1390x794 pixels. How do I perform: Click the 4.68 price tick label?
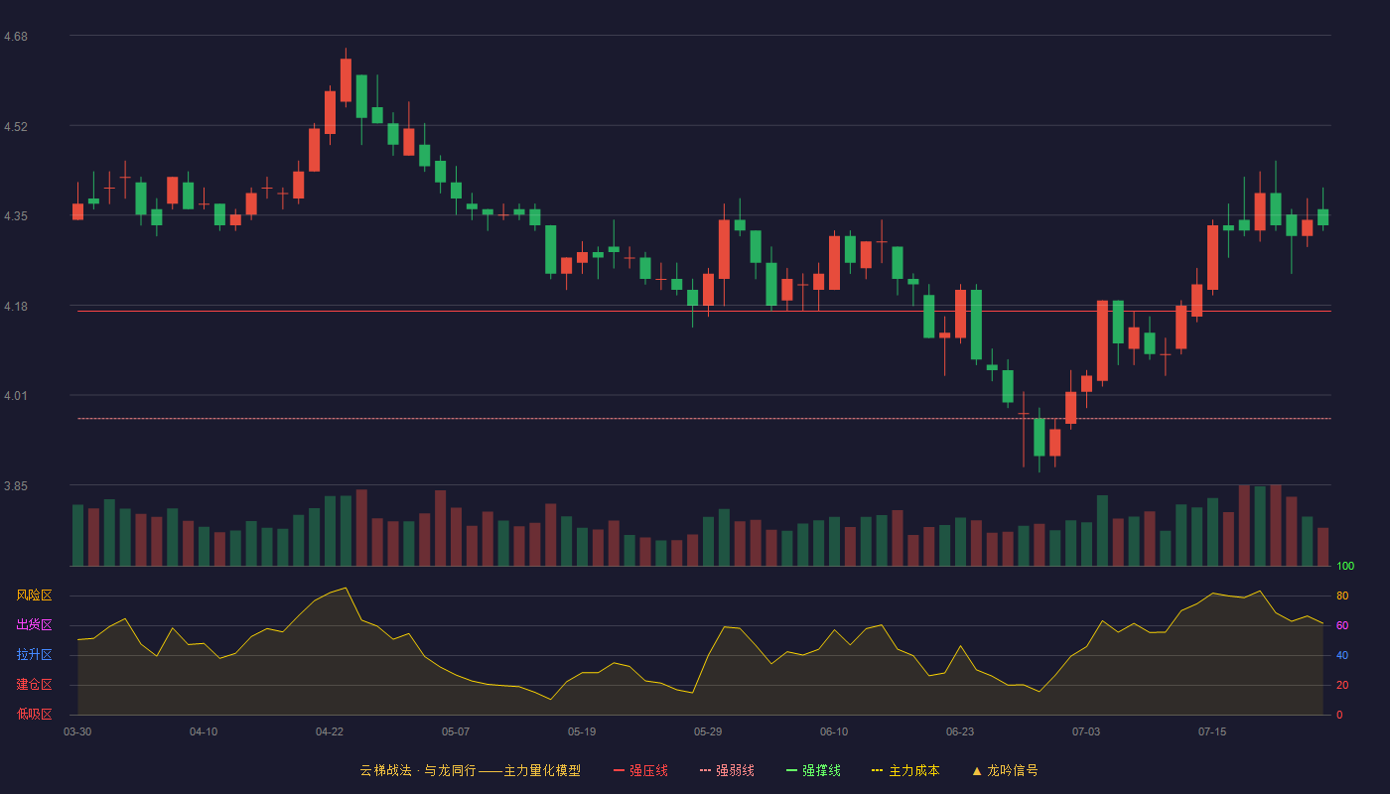pos(16,37)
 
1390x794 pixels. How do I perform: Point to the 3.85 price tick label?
pos(16,485)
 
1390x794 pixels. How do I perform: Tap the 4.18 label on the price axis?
pos(16,307)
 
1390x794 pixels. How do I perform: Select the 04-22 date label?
pos(329,732)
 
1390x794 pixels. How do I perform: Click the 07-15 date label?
pos(1212,732)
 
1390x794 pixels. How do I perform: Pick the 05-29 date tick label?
pos(707,732)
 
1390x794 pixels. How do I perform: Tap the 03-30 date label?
pos(77,732)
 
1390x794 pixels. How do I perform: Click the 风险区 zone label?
pos(34,595)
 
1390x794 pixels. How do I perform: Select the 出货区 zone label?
pos(34,624)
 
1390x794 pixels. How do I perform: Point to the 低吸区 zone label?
pos(34,714)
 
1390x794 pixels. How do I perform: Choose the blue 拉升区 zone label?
pos(34,654)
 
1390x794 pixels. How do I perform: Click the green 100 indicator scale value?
pos(1345,566)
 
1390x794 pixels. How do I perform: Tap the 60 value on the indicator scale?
pos(1342,625)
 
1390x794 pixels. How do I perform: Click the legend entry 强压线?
pos(641,770)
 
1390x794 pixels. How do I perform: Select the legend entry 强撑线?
pos(813,770)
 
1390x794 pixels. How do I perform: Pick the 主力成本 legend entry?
pos(905,770)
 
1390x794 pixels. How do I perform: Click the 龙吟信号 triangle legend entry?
pos(1005,770)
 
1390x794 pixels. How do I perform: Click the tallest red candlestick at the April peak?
pos(346,79)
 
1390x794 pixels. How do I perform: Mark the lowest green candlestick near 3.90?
pos(1039,438)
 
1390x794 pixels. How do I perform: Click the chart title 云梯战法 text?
pos(385,770)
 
